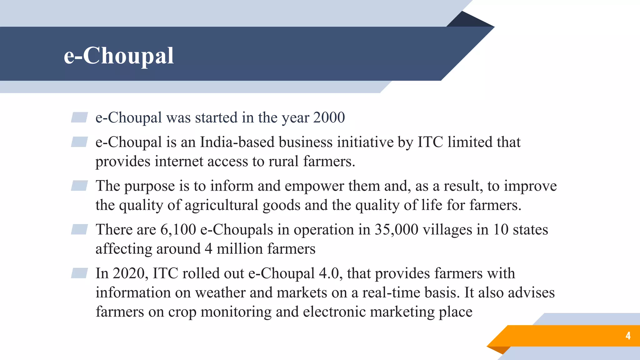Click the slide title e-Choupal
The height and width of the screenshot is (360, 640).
coord(119,56)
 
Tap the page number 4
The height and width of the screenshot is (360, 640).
coord(628,336)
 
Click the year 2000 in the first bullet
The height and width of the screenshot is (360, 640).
coord(329,117)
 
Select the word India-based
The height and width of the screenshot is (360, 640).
coord(237,142)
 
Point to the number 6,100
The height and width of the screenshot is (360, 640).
coord(178,230)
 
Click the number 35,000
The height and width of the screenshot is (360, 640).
coord(396,230)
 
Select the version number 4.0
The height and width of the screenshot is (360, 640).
coord(329,273)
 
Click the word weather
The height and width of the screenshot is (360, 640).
coord(220,293)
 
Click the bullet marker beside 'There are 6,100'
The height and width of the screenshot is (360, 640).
coord(79,229)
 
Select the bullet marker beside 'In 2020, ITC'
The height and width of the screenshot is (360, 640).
coord(79,273)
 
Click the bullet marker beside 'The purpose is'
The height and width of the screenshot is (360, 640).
coord(79,186)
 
